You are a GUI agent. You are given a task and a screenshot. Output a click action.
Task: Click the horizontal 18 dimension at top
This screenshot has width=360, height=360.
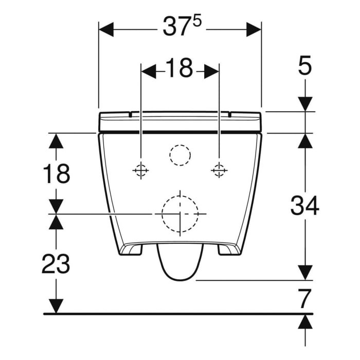[x=179, y=69]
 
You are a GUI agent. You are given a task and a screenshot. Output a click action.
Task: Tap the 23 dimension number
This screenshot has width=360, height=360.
[x=56, y=265]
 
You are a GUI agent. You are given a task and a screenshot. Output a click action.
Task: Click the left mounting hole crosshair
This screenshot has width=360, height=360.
[x=140, y=170]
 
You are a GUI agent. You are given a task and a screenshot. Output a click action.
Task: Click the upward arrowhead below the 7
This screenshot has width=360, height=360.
[x=305, y=322]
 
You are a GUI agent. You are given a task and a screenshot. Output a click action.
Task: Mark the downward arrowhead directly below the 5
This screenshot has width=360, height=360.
[x=305, y=103]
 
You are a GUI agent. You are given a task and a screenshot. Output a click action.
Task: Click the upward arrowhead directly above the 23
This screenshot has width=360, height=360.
[x=56, y=222]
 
